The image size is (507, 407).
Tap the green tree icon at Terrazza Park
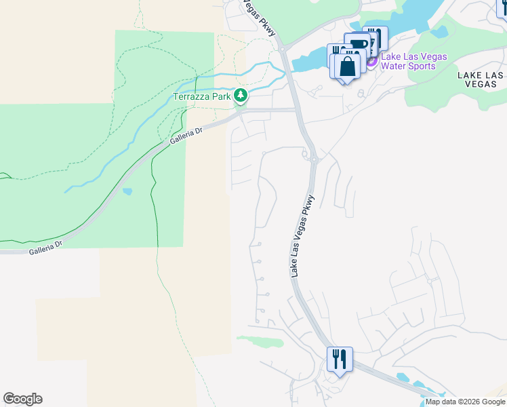tap(241, 96)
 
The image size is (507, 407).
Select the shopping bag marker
tap(346, 67)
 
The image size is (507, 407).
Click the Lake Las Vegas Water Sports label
tap(413, 61)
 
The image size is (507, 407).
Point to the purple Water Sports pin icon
tap(371, 62)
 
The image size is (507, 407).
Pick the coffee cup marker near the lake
tap(357, 45)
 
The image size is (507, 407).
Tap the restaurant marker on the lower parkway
tap(340, 358)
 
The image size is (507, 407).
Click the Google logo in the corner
tap(22, 399)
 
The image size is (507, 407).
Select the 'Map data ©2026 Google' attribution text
tap(466, 402)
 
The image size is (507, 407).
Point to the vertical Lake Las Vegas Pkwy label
tap(303, 236)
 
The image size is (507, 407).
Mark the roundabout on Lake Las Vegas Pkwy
tap(315, 159)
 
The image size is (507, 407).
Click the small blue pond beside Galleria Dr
tap(127, 191)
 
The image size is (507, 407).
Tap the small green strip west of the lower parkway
tap(260, 341)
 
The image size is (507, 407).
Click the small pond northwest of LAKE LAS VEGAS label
tap(439, 31)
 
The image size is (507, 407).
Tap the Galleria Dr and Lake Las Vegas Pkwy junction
tap(296, 109)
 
